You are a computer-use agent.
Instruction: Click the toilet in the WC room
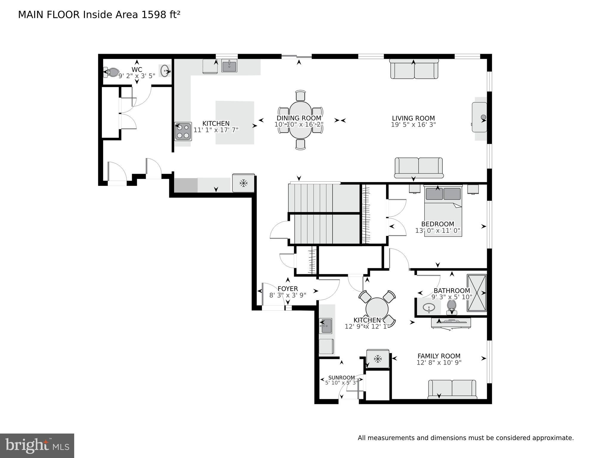[112, 72]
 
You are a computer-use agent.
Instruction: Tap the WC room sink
[165, 71]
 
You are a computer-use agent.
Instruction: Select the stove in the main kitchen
[183, 131]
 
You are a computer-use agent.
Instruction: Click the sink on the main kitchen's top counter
[229, 66]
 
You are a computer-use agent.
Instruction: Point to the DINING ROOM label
[299, 118]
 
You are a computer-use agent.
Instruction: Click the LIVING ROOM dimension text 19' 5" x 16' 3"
[413, 125]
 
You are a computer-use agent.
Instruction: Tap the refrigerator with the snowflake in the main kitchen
[243, 183]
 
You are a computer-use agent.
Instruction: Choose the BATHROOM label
[452, 291]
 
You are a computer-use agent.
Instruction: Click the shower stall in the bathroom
[477, 293]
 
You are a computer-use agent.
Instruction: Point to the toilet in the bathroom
[452, 306]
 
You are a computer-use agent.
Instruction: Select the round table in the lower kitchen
[377, 309]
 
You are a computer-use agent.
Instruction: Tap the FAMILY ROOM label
[439, 356]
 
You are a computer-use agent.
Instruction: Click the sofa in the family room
[452, 389]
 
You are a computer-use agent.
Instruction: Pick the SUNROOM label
[341, 378]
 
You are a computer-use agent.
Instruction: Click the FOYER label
[288, 289]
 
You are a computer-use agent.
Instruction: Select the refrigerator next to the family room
[378, 359]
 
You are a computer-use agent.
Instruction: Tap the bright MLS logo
[37, 445]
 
